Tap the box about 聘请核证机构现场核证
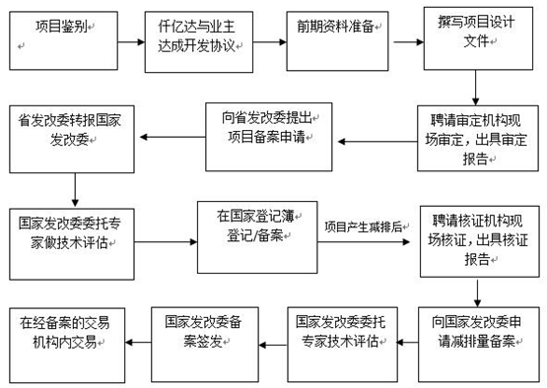point(477,237)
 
